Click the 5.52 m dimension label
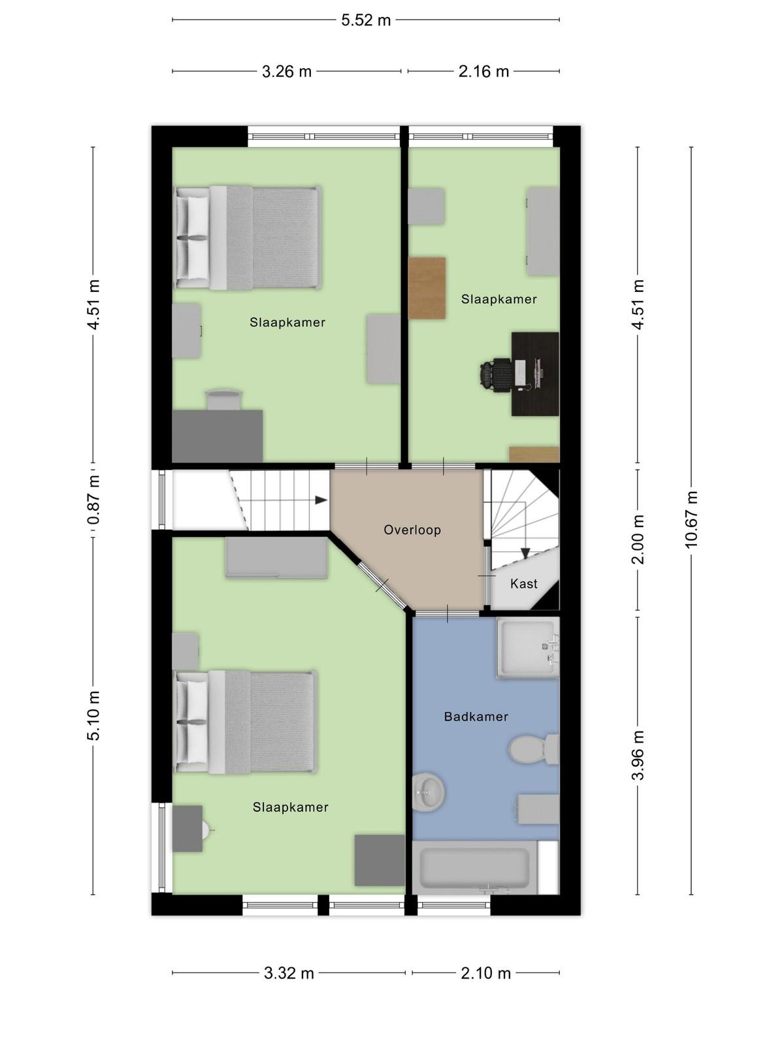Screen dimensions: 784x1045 [366, 20]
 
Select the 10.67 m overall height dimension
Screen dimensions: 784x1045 [691, 519]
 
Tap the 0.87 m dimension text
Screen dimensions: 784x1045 [94, 500]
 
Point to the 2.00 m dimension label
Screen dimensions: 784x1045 [638, 539]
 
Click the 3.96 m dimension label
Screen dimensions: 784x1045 [638, 755]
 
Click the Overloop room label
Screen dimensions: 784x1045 [412, 530]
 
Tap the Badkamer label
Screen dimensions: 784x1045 [476, 716]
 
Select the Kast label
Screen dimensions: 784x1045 [523, 584]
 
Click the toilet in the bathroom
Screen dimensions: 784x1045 [533, 749]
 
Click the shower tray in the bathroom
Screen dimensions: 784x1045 [528, 647]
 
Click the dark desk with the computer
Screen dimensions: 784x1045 [535, 374]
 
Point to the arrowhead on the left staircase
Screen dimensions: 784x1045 [321, 500]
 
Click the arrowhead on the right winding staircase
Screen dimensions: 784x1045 [525, 553]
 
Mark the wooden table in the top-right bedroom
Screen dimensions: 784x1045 [427, 288]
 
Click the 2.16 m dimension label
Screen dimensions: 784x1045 [483, 72]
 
